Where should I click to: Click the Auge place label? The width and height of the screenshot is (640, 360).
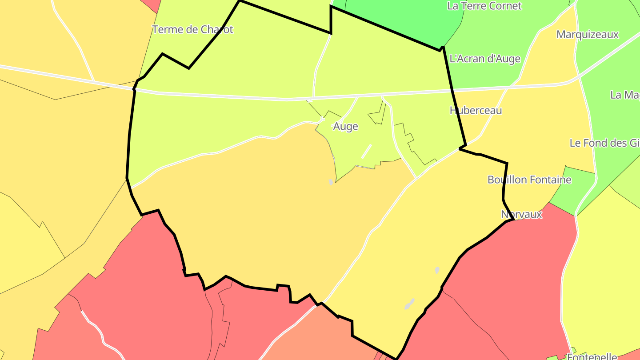coord(345,127)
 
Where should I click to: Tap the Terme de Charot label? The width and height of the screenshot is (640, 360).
coord(192,30)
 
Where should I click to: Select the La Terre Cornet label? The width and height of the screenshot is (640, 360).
coord(484,6)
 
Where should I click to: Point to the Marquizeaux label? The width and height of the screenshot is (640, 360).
coord(587,35)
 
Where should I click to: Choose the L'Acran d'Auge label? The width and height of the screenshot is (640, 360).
coord(485,59)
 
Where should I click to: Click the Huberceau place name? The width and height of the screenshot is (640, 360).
coord(476,110)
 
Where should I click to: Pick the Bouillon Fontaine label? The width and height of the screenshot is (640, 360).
coord(529,180)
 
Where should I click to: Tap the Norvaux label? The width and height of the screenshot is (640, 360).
coord(521,214)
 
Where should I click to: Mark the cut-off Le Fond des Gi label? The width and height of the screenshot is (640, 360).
coord(604,143)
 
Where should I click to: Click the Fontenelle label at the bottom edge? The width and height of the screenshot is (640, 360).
coord(592,356)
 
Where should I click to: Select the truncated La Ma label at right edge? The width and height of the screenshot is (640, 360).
coord(625,95)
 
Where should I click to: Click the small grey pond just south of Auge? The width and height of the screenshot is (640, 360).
coord(331,182)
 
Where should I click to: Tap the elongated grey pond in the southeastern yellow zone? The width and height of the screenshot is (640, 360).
coord(409,304)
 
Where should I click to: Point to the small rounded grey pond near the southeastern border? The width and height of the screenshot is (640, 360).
coord(437,270)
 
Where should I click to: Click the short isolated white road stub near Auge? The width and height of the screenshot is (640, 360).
coord(366,151)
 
